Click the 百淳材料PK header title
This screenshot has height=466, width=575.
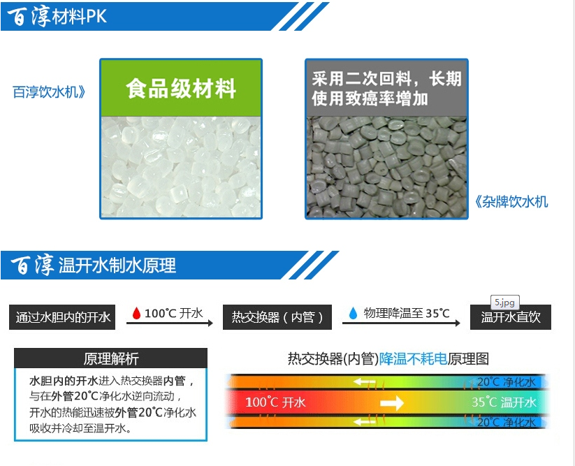coord(57,16)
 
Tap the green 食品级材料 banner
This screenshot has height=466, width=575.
coord(181,88)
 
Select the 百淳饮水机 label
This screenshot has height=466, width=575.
coord(49,92)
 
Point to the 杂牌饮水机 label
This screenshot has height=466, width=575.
coord(511,202)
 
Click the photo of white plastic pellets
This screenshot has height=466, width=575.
coord(181,167)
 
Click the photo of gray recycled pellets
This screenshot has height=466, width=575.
coord(386,167)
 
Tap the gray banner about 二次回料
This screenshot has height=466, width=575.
coord(386,88)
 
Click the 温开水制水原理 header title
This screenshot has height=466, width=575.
coord(93,265)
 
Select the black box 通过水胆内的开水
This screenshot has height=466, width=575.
coord(62,317)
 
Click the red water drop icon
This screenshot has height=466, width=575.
coord(136,313)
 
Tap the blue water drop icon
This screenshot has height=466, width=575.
coord(353,313)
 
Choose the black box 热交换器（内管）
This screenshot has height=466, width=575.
coord(277,317)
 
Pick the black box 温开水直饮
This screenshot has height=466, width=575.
coord(511,317)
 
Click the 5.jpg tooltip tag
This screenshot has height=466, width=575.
coord(505,303)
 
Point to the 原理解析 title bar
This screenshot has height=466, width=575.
coord(111,358)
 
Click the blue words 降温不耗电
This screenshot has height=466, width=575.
coord(413,358)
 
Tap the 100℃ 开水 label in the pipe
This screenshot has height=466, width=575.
coord(275,402)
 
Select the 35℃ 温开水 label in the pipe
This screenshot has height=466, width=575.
coord(504,402)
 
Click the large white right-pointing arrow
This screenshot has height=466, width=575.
coord(392,403)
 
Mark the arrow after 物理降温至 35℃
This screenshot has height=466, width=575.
coord(401,323)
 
